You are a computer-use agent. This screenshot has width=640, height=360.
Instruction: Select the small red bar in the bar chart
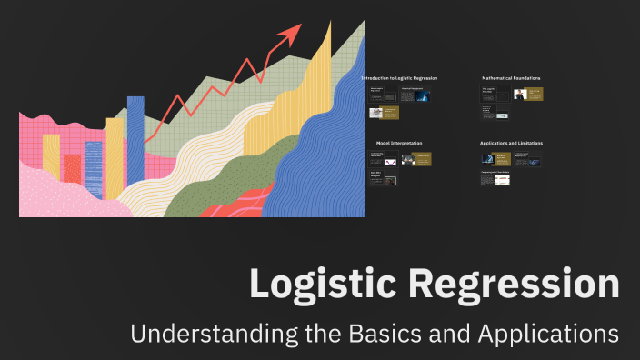72,168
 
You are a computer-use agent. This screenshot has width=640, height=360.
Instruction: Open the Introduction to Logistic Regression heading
399,79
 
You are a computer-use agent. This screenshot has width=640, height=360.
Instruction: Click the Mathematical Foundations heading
511,79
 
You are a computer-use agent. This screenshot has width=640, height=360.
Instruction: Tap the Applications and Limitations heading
511,143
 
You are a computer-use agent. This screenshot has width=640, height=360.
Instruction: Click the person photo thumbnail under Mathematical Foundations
519,94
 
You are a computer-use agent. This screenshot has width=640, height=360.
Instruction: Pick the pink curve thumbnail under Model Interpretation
390,161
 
